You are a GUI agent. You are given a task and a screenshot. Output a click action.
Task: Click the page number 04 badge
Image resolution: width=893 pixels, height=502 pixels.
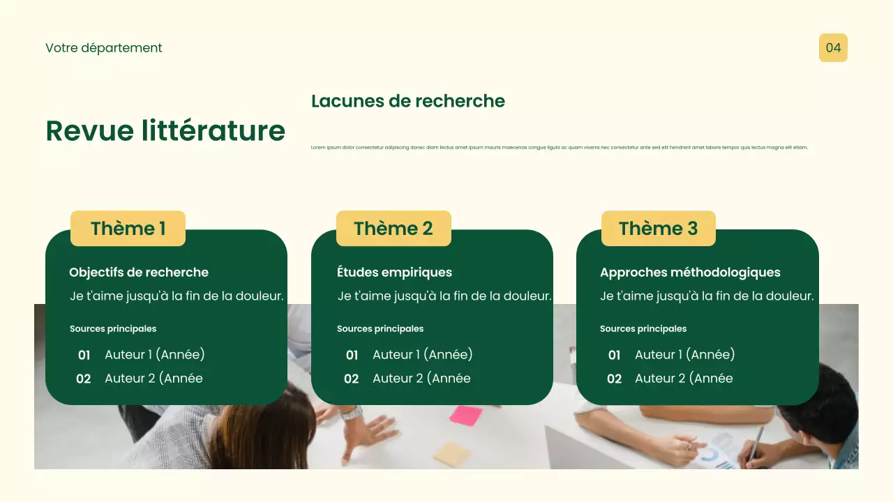pyautogui.click(x=833, y=48)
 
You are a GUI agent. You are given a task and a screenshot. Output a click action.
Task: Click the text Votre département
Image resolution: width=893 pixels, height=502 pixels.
pyautogui.click(x=104, y=48)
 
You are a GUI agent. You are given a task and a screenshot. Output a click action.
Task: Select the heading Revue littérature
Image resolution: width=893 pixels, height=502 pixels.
pyautogui.click(x=165, y=131)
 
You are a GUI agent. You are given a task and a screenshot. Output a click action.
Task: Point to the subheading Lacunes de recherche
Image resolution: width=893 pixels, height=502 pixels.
pyautogui.click(x=408, y=101)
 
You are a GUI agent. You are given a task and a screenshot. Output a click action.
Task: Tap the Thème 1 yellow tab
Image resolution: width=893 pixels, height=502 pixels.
pyautogui.click(x=128, y=229)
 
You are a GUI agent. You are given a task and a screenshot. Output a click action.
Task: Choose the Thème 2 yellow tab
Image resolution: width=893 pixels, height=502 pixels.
pyautogui.click(x=393, y=229)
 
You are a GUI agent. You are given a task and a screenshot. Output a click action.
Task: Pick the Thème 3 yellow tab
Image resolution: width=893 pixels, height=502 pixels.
pyautogui.click(x=658, y=229)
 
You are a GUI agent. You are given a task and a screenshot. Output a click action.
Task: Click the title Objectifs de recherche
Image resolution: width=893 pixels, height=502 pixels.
pyautogui.click(x=139, y=273)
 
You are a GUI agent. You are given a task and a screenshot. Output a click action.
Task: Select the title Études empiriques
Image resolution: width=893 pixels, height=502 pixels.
pyautogui.click(x=394, y=273)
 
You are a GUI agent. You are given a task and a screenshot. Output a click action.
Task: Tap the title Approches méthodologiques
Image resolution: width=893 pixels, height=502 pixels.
pyautogui.click(x=690, y=273)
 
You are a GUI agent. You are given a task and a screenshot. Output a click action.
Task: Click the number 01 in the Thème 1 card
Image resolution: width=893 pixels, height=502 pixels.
pyautogui.click(x=84, y=356)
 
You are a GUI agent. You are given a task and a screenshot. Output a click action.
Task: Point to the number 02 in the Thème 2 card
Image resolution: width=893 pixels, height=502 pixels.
pyautogui.click(x=352, y=379)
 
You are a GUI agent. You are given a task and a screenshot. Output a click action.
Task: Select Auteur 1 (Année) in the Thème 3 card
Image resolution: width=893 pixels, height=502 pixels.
pyautogui.click(x=684, y=355)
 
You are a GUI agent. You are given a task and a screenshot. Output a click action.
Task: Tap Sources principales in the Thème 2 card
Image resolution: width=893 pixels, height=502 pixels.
pyautogui.click(x=380, y=329)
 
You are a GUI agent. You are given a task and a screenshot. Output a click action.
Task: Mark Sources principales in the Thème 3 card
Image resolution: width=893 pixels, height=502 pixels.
pyautogui.click(x=643, y=329)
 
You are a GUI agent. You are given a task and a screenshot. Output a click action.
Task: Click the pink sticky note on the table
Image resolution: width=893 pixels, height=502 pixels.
pyautogui.click(x=465, y=416)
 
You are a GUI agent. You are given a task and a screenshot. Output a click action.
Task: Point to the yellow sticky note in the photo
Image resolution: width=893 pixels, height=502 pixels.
pyautogui.click(x=451, y=454)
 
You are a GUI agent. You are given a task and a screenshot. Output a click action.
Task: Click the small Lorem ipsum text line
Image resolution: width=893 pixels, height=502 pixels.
pyautogui.click(x=559, y=148)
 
